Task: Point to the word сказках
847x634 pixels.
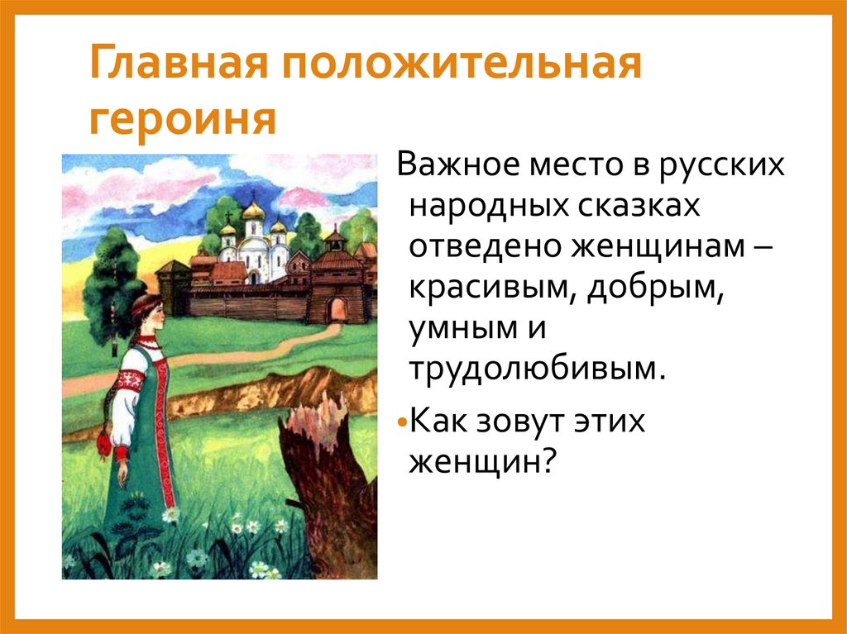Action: click(x=633, y=207)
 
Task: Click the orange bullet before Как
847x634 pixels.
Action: click(x=401, y=422)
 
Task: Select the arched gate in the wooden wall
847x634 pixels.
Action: click(x=336, y=309)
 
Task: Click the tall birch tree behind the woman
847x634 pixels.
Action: click(x=112, y=281)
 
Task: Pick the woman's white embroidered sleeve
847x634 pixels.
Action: click(x=124, y=405)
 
